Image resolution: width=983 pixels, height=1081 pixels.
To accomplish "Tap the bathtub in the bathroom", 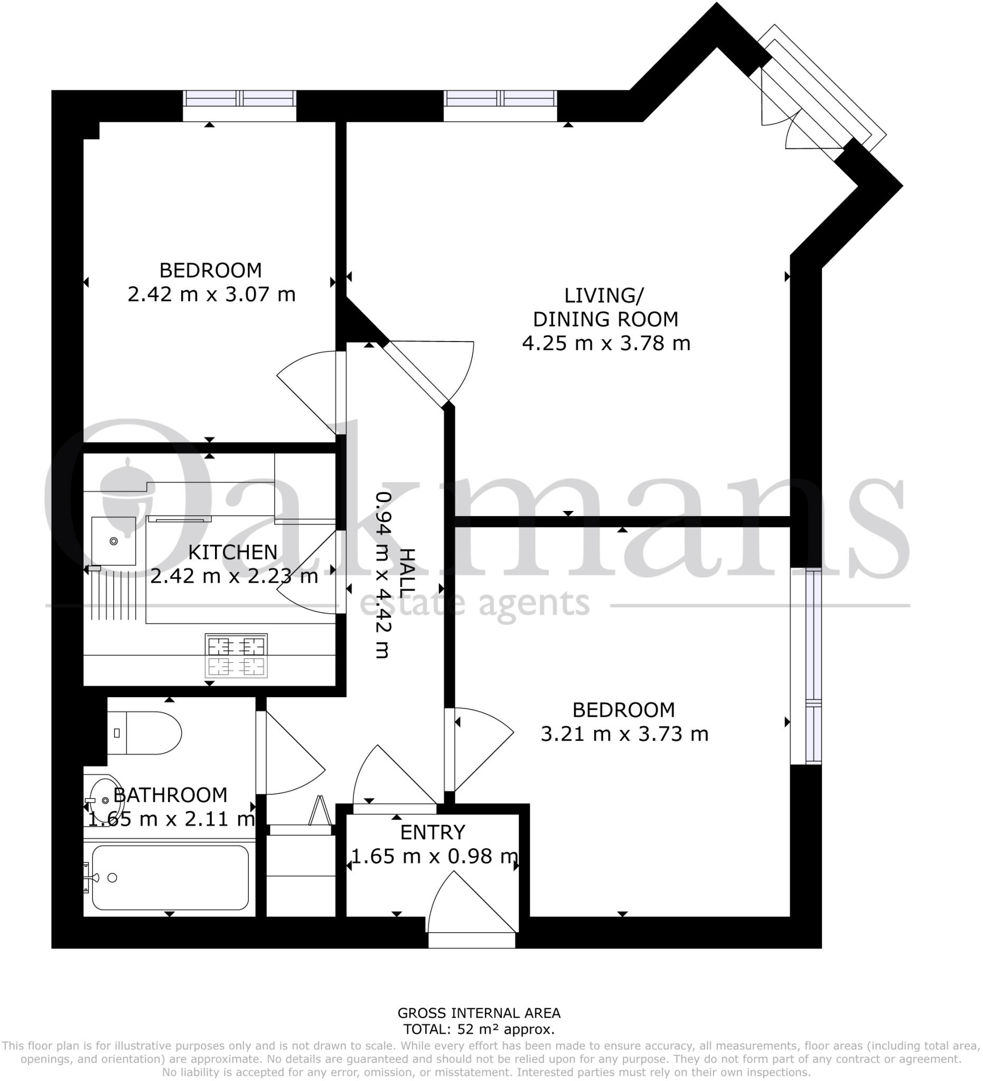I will pyautogui.click(x=170, y=877).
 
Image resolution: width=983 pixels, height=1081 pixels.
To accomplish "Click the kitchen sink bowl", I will pyautogui.click(x=113, y=541).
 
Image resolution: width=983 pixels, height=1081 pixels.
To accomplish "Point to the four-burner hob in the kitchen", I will pyautogui.click(x=236, y=655).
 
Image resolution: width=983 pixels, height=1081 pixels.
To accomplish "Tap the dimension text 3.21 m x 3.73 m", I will pyautogui.click(x=624, y=734).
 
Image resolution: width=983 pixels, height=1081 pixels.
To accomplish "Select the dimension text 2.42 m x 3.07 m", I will pyautogui.click(x=211, y=295).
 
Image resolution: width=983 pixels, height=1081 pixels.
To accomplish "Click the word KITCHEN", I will pyautogui.click(x=233, y=552).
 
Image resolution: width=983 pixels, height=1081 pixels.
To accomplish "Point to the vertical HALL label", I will pyautogui.click(x=408, y=573).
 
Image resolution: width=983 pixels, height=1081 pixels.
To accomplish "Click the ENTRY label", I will pyautogui.click(x=433, y=832).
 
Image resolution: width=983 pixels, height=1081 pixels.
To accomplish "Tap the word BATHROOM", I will pyautogui.click(x=171, y=795).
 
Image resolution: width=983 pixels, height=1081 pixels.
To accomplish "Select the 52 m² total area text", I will pyautogui.click(x=479, y=1029).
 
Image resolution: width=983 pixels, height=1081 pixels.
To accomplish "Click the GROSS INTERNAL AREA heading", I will pyautogui.click(x=479, y=1013).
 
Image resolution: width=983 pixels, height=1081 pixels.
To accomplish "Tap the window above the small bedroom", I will pyautogui.click(x=239, y=99).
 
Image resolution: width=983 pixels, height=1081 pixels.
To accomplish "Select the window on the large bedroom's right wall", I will pyautogui.click(x=813, y=666).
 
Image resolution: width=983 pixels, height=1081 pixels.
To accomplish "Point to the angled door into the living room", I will pyautogui.click(x=416, y=374).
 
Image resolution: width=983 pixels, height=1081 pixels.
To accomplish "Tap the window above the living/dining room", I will pyautogui.click(x=500, y=99).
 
